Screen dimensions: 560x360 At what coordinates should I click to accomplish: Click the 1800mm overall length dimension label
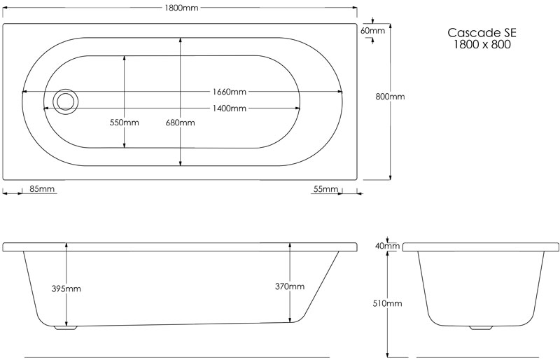(x=181, y=8)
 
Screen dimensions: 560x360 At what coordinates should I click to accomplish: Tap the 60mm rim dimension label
(x=373, y=30)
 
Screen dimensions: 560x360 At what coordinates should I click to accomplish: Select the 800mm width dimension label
(x=390, y=97)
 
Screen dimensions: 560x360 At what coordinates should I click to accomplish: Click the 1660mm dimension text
(x=230, y=92)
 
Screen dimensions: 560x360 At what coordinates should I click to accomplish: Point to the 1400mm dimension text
(x=230, y=109)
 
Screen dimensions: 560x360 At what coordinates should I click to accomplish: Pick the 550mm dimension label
(x=125, y=123)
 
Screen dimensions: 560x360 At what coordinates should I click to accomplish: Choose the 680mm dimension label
(x=181, y=123)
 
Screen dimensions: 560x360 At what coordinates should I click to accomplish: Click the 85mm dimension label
(x=42, y=189)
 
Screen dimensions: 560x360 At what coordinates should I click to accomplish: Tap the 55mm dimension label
(x=325, y=189)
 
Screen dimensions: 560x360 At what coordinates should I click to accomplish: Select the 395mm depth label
(x=66, y=289)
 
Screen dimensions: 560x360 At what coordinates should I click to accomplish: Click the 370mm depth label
(x=290, y=286)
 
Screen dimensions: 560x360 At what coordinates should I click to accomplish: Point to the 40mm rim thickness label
(x=387, y=246)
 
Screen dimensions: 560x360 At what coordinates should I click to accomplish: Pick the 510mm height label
(x=387, y=303)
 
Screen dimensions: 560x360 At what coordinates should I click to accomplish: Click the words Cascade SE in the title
(x=482, y=33)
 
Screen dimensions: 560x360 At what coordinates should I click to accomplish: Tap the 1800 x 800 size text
(x=482, y=44)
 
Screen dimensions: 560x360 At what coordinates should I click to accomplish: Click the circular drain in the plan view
(x=65, y=102)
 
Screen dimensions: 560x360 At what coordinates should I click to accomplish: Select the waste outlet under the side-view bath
(x=66, y=327)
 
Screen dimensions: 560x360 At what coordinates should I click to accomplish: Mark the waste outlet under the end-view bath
(x=481, y=328)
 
